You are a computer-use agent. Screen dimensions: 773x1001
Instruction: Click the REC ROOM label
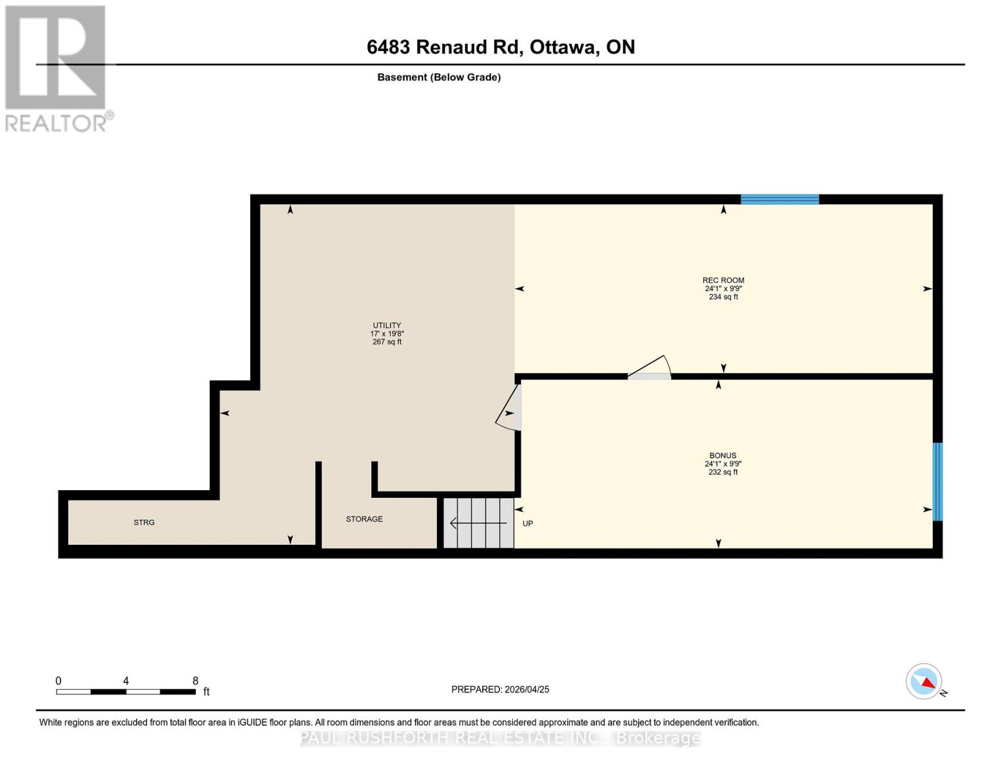pyautogui.click(x=723, y=280)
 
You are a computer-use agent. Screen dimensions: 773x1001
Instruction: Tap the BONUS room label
pyautogui.click(x=723, y=455)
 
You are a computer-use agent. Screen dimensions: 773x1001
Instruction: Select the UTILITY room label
pyautogui.click(x=387, y=325)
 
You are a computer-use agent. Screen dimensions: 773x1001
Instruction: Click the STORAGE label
pyautogui.click(x=364, y=519)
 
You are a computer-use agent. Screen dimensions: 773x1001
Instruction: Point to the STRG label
pyautogui.click(x=144, y=522)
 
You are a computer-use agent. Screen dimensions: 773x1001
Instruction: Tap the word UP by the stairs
pyautogui.click(x=528, y=524)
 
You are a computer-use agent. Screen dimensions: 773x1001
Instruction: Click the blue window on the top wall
pyautogui.click(x=779, y=199)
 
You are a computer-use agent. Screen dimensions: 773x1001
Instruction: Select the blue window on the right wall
pyautogui.click(x=938, y=481)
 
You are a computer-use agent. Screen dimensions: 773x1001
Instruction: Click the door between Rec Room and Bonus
pyautogui.click(x=650, y=369)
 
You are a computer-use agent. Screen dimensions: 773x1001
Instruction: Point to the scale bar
pyautogui.click(x=126, y=692)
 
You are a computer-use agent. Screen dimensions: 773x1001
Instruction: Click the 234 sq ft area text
pyautogui.click(x=723, y=297)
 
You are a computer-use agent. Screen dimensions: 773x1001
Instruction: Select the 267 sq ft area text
pyautogui.click(x=387, y=342)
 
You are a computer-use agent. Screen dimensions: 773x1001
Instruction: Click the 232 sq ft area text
pyautogui.click(x=723, y=472)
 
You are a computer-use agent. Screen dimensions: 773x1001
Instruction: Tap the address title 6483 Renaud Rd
pyautogui.click(x=500, y=47)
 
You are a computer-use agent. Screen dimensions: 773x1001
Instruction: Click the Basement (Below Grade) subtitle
pyautogui.click(x=438, y=77)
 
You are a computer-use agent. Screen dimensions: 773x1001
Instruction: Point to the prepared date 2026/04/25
pyautogui.click(x=500, y=689)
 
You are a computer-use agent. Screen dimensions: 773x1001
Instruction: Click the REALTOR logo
pyautogui.click(x=57, y=68)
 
